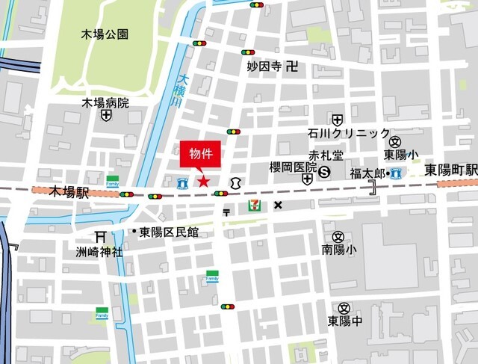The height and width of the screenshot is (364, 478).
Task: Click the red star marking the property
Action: tap(202, 180)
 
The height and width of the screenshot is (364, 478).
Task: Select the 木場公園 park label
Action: tap(105, 34)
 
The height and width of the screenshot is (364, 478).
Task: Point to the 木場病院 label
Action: tap(105, 103)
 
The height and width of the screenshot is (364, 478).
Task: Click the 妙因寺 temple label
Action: tap(264, 67)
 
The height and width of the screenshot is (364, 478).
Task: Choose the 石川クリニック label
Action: tap(348, 134)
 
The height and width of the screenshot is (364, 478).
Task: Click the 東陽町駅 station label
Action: tap(451, 170)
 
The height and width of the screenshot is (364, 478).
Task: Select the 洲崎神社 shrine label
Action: tap(99, 252)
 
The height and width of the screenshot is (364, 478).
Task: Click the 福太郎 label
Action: tap(367, 173)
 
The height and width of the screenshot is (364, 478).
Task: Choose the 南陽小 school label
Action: tap(339, 249)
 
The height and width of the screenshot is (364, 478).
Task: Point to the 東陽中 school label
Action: tap(344, 321)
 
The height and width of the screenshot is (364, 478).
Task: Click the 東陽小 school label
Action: tap(401, 155)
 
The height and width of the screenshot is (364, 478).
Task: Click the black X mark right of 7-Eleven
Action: tap(278, 205)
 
